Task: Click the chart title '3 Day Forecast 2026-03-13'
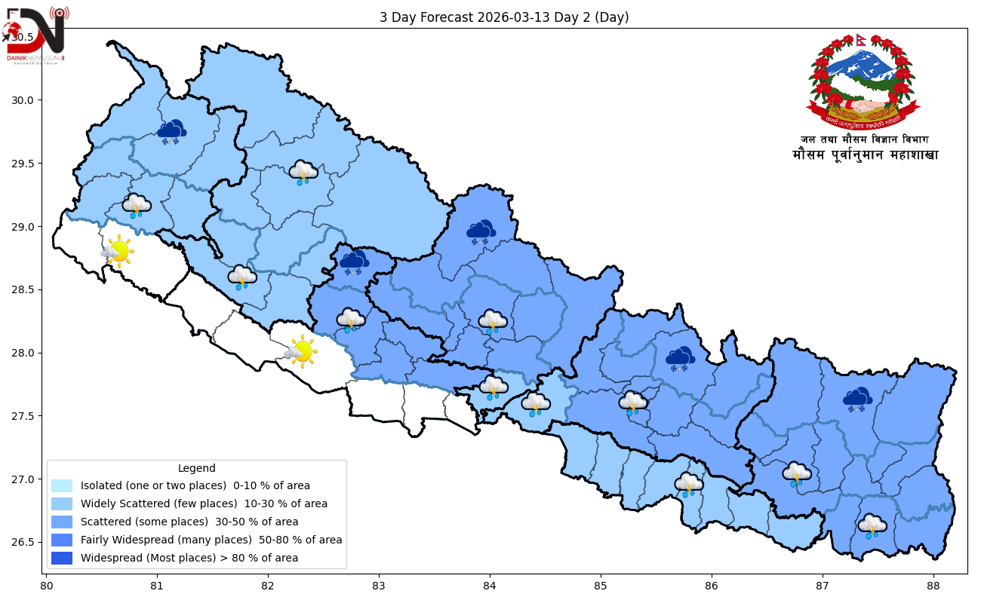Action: point(504,17)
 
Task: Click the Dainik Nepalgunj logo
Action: point(35,35)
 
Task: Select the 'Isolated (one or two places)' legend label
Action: point(195,485)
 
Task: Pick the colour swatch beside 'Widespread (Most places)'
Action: point(62,559)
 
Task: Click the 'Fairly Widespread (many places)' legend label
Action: point(211,540)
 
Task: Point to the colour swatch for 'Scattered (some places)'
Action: point(62,522)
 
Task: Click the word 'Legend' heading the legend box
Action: point(196,468)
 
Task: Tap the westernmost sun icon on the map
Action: point(118,250)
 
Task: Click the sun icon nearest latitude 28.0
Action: point(300,351)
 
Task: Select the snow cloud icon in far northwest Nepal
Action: point(172,132)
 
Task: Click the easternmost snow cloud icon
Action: point(857,399)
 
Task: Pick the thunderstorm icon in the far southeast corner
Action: point(872,526)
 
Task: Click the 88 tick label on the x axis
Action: point(933,586)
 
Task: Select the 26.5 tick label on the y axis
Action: point(26,542)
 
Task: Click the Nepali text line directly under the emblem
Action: point(864,139)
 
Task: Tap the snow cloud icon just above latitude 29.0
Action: point(481,232)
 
